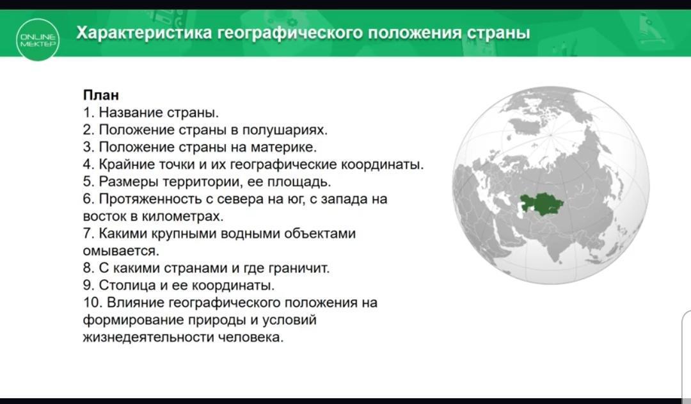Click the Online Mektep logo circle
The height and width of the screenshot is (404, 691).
tap(38, 40)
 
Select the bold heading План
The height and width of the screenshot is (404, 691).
tap(101, 95)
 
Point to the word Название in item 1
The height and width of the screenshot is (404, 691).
tap(131, 113)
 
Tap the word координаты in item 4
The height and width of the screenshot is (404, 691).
tap(383, 165)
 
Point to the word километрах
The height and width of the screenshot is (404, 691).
tap(182, 216)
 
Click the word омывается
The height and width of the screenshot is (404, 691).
tap(121, 251)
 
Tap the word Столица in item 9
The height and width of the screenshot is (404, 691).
tap(127, 286)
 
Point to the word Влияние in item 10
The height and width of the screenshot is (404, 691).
tap(136, 303)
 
